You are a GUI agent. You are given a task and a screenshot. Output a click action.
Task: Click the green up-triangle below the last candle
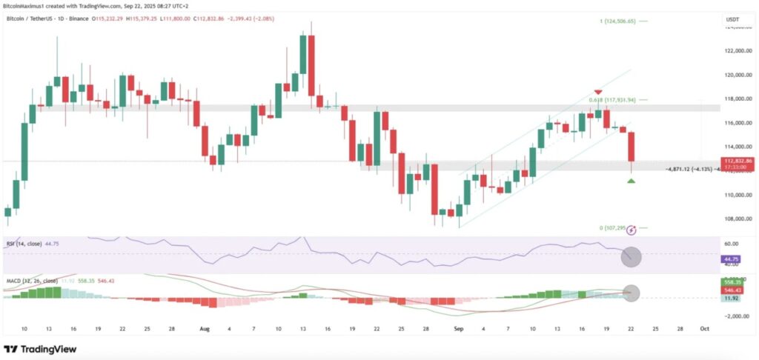click(x=631, y=180)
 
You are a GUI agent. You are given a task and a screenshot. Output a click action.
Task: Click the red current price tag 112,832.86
click(x=739, y=161)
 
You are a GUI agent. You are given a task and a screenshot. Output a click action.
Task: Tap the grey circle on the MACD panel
click(x=631, y=293)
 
